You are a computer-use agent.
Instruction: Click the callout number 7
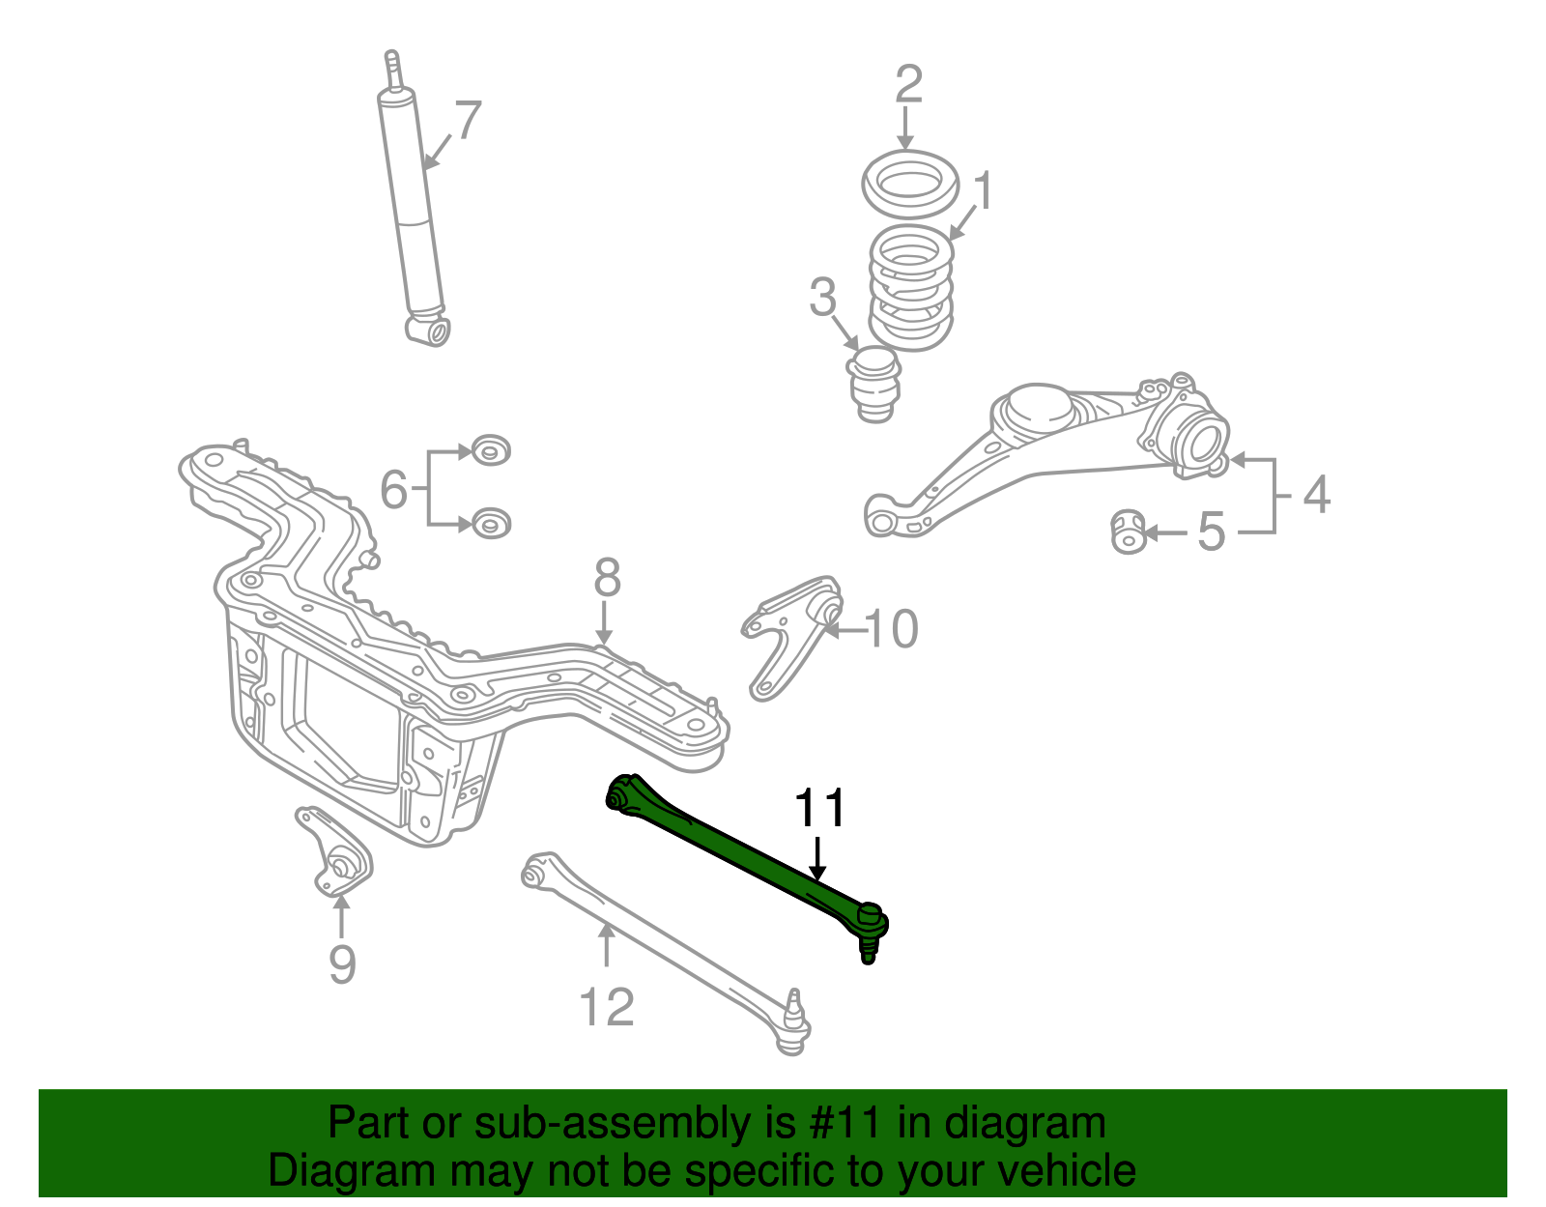tap(467, 121)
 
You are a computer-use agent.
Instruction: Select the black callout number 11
tap(819, 809)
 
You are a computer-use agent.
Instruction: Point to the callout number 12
tap(607, 1007)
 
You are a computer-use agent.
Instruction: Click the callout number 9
tap(342, 963)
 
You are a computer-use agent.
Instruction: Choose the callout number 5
tap(1212, 532)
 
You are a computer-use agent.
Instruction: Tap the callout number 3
tap(822, 298)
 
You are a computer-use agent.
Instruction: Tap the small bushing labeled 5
tap(1128, 532)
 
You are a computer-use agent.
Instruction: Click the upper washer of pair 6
tap(491, 450)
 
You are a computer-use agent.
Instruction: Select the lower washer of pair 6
tap(491, 524)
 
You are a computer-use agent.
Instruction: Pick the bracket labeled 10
tap(792, 633)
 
